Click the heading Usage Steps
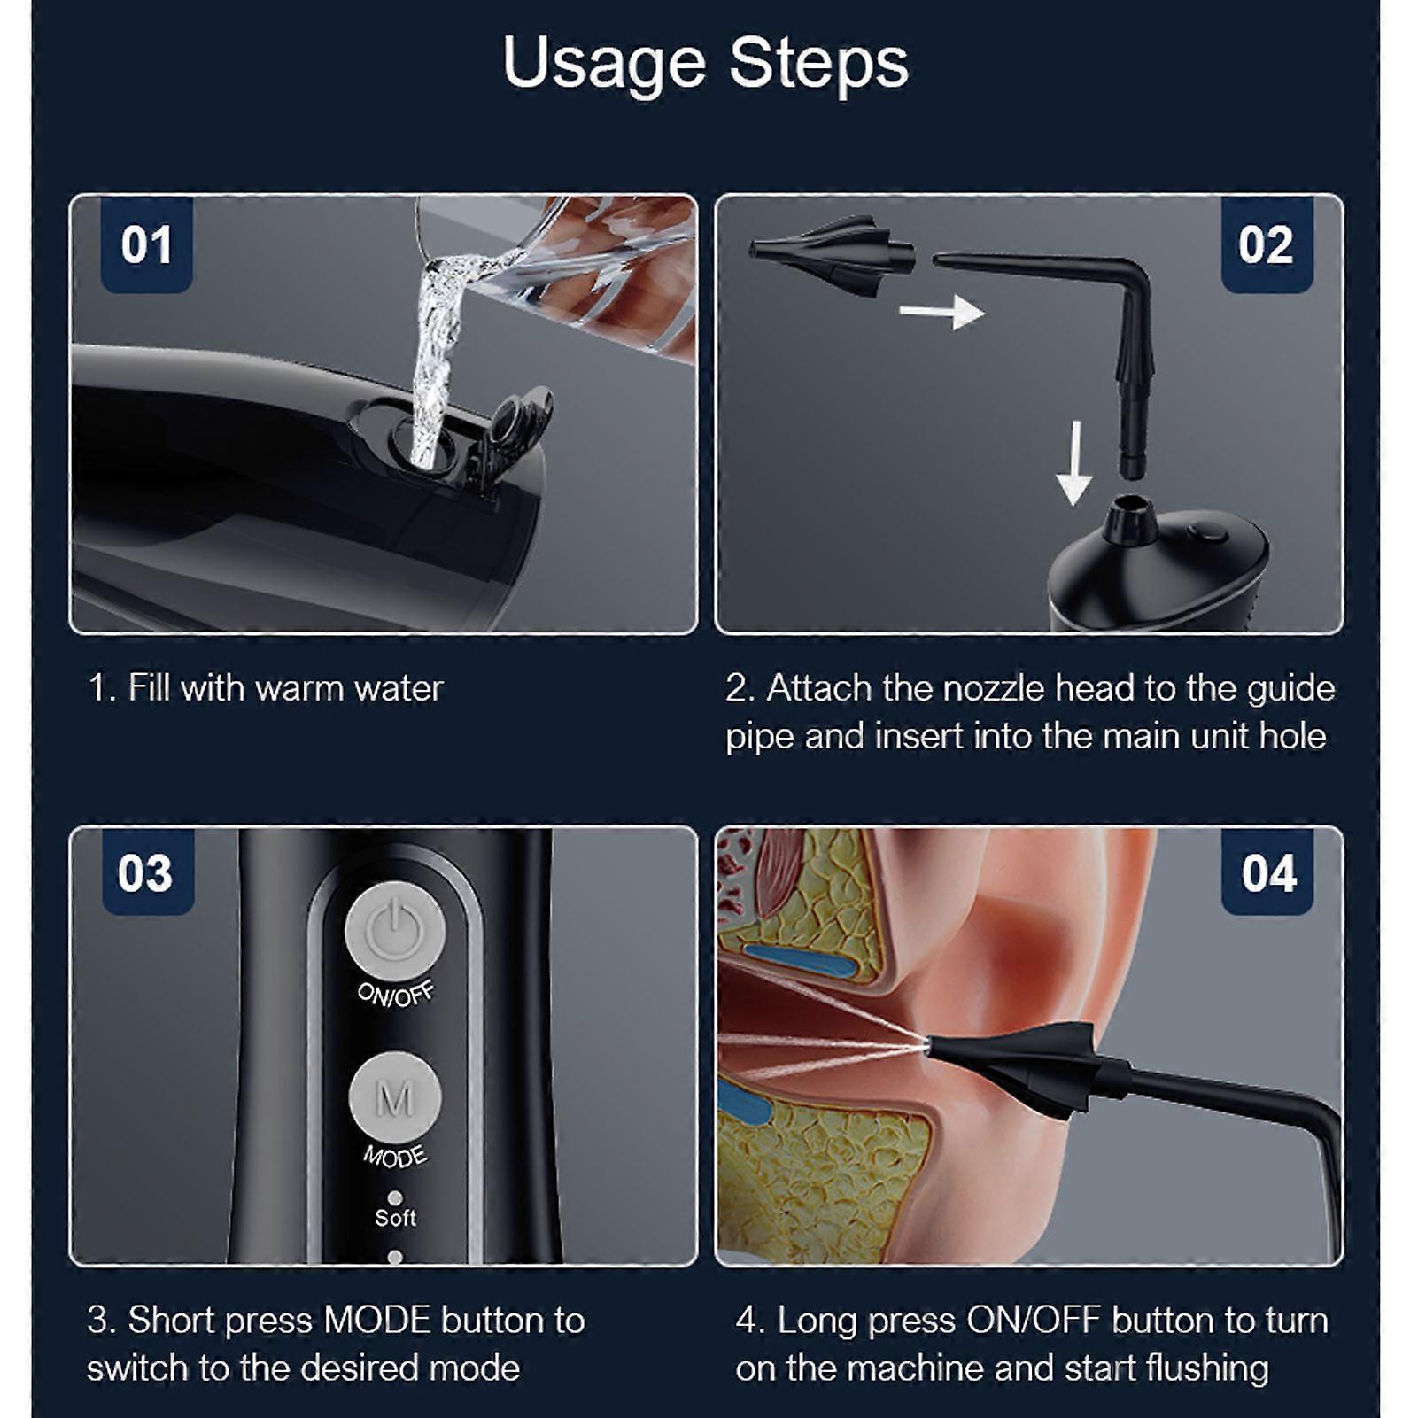coord(705,63)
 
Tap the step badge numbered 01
coord(146,245)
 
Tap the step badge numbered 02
coord(1266,245)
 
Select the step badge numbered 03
coord(146,873)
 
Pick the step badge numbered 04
coord(1268,874)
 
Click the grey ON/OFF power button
coord(394,931)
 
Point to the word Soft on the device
coord(395,1218)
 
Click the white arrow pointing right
coord(941,312)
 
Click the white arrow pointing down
coord(1074,463)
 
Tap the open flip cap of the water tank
coord(518,425)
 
